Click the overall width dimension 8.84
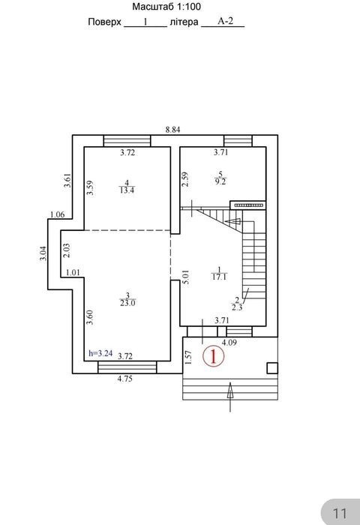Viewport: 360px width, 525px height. click(172, 130)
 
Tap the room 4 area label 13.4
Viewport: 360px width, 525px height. click(127, 190)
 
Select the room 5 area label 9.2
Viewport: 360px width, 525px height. click(220, 181)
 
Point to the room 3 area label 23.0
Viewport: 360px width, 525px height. click(127, 303)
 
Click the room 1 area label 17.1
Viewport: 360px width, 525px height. click(219, 277)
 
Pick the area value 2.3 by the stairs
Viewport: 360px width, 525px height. click(237, 307)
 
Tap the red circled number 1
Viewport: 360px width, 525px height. click(213, 356)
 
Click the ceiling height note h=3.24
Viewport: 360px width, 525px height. click(100, 353)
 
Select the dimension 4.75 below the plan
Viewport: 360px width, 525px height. click(125, 379)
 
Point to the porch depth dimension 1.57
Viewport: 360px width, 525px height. click(188, 357)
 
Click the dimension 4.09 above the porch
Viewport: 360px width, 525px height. click(229, 343)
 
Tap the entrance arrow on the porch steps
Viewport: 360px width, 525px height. click(230, 396)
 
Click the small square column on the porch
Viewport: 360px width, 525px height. click(272, 368)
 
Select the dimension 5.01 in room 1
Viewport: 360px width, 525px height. click(186, 277)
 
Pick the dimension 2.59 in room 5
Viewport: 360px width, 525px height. click(184, 179)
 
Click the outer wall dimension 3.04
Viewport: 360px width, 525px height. click(43, 253)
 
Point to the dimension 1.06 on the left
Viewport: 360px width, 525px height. click(57, 214)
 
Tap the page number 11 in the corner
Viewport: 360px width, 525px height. click(340, 513)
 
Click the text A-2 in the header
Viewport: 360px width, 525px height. click(226, 21)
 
